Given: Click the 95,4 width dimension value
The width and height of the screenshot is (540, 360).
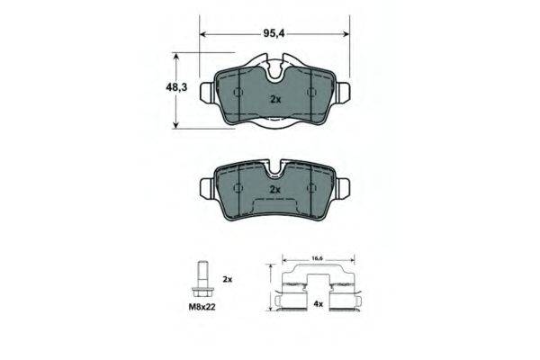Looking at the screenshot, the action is tap(274, 33).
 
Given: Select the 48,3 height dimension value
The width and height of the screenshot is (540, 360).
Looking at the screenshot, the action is tap(176, 87).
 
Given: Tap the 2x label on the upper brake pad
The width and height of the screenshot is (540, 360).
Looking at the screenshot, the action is tap(275, 100).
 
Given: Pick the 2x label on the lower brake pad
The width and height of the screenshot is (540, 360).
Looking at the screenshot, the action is tap(275, 190).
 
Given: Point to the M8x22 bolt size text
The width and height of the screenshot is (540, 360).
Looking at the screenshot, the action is tap(202, 307).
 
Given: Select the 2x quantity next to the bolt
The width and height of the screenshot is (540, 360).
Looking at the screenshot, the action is tap(228, 279).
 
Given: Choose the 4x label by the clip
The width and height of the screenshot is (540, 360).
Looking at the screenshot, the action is tap(319, 304).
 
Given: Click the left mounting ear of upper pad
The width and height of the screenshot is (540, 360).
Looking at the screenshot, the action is tap(207, 93).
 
